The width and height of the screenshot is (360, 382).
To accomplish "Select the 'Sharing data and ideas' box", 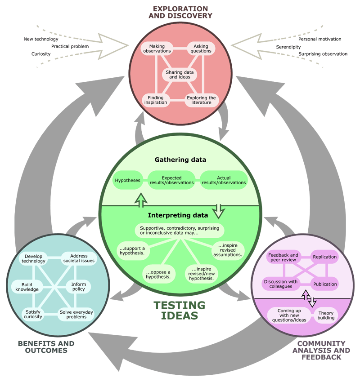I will coord(178,74).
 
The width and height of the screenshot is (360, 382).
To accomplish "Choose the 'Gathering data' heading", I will coord(180,160).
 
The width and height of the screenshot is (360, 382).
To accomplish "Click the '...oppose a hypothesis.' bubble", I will coord(158,274).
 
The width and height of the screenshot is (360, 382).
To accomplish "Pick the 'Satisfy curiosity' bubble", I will coord(33,314).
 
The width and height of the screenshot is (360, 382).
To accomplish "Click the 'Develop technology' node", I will coord(35,258).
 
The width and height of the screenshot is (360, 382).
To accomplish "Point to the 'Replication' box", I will coord(325,257).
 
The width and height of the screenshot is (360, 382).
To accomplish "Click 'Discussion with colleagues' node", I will coord(281,284).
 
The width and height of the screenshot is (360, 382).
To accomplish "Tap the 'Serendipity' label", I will coord(288,47).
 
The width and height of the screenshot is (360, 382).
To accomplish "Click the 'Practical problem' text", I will coord(70,46).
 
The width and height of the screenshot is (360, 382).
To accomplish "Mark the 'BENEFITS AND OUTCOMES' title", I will coord(46,347).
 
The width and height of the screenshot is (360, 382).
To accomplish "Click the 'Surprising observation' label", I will coord(323,54).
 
